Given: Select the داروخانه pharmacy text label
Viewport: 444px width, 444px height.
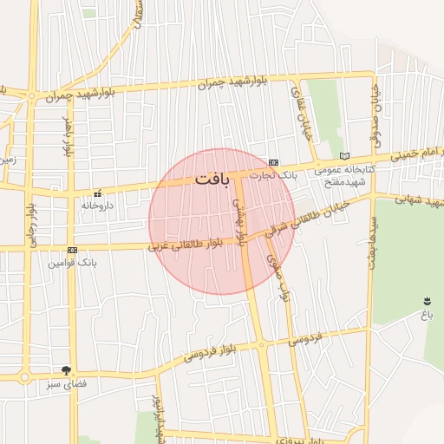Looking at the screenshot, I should point(97,206).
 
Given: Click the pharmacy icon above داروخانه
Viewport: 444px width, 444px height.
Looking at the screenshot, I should point(97,193).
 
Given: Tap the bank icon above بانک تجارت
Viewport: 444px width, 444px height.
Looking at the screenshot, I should point(273,162).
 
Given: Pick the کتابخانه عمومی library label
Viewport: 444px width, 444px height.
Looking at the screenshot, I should point(345,169).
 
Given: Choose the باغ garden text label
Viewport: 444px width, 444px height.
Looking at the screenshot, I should point(427,316).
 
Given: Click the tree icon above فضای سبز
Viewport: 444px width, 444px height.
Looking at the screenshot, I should point(67,370).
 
